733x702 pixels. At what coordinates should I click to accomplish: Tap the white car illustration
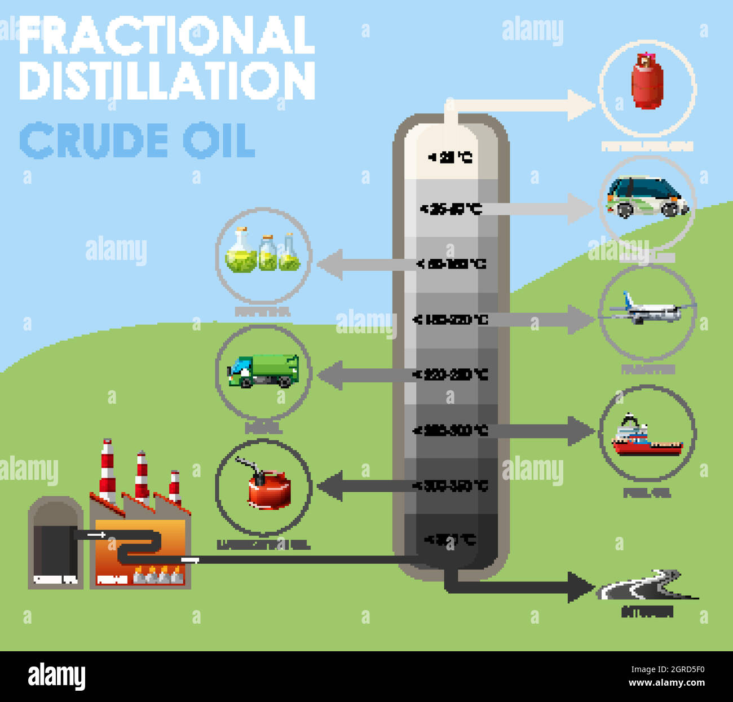647,198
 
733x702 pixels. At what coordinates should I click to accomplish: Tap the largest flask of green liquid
241,252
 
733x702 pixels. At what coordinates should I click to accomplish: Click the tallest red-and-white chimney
107,471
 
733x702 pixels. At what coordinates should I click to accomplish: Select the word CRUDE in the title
94,140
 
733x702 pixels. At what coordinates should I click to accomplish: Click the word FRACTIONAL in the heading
167,35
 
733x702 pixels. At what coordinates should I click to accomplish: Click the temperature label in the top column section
450,157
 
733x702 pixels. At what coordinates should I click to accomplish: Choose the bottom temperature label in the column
449,540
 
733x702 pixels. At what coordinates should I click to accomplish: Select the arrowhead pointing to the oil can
330,486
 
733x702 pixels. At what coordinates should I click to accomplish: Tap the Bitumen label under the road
647,612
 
